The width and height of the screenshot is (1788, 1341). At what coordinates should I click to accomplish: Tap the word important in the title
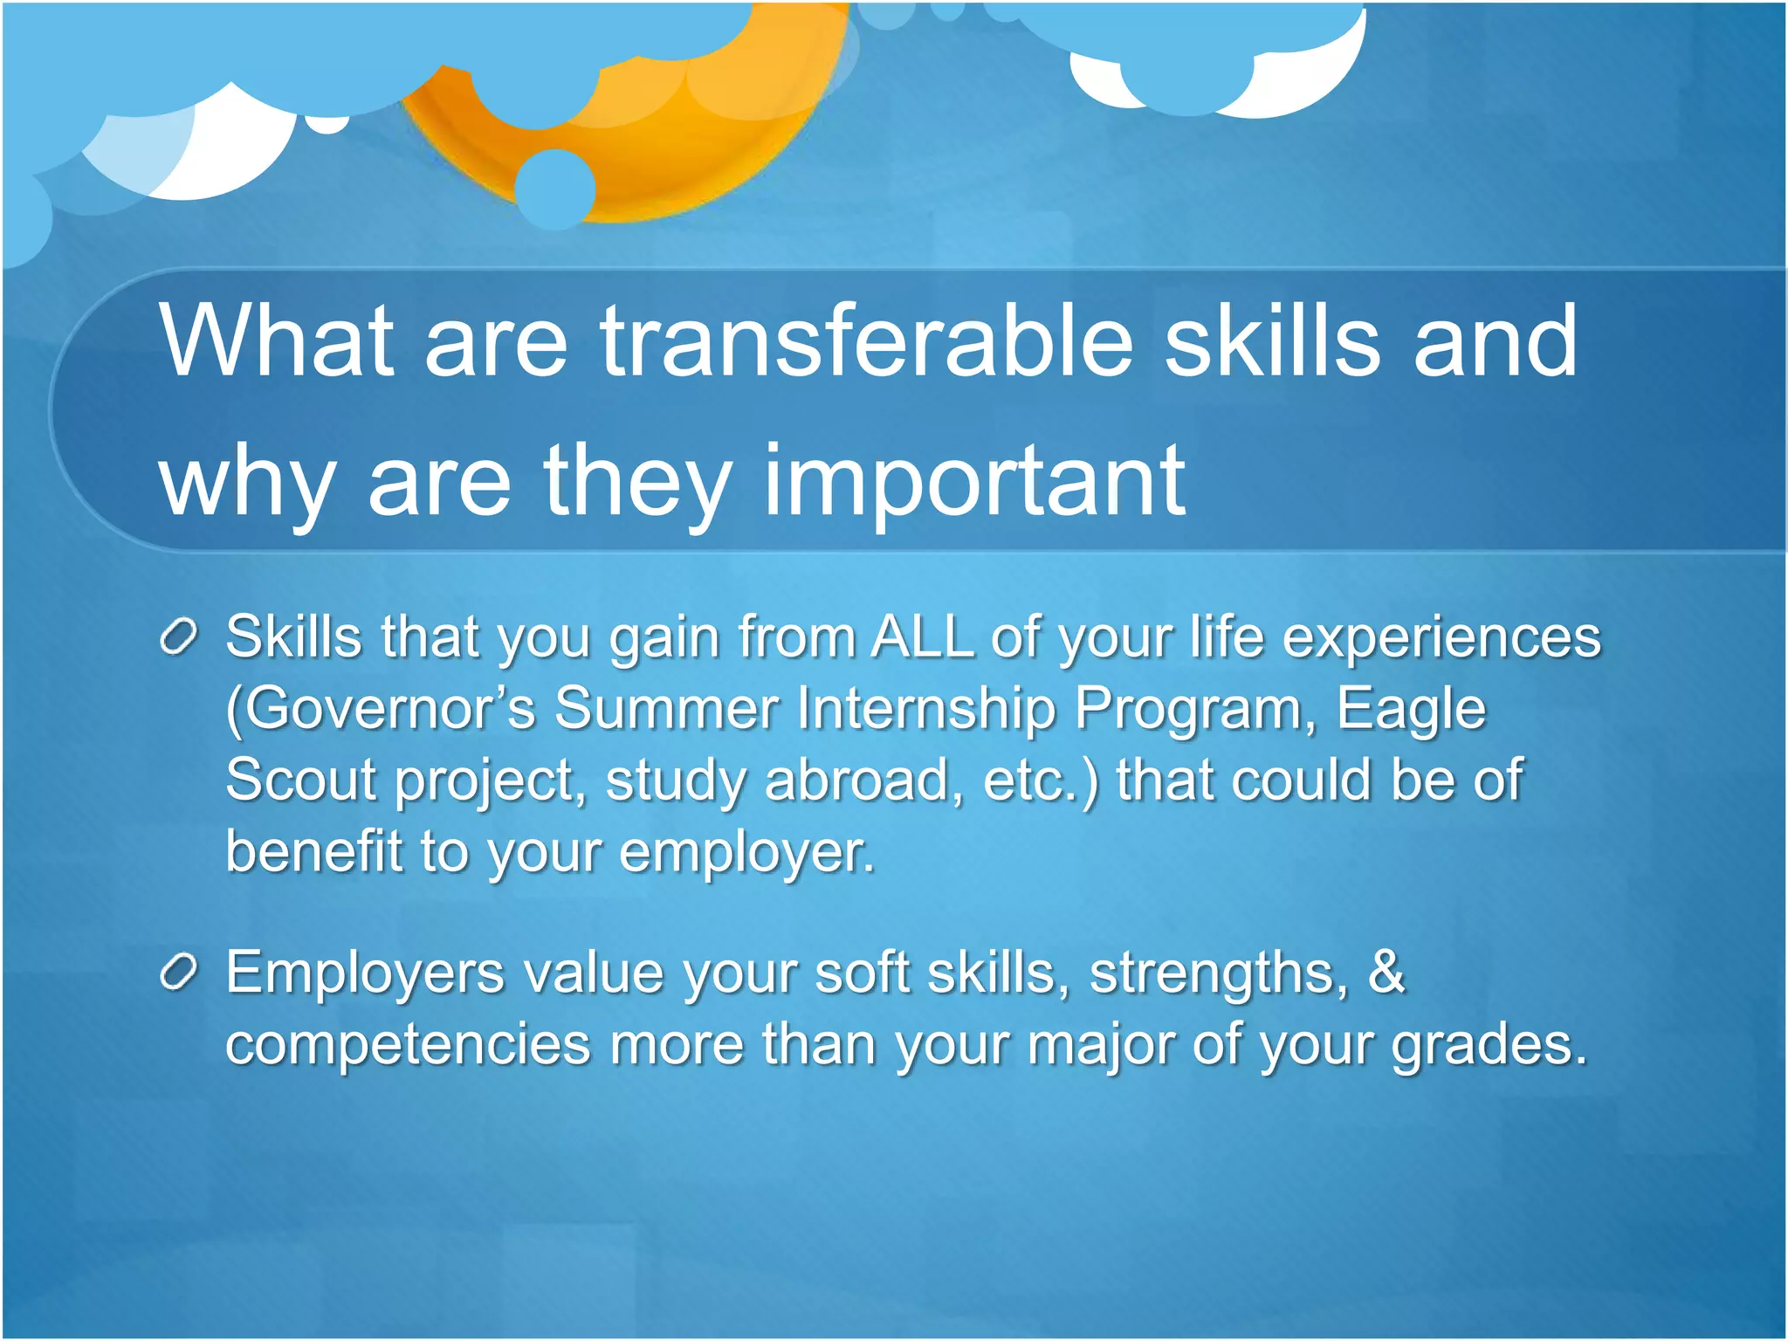[973, 482]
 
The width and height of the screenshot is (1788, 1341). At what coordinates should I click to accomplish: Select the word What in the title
[277, 342]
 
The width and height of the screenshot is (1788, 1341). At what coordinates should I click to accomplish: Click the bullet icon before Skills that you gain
[179, 638]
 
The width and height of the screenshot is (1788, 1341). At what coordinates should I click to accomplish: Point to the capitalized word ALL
[922, 636]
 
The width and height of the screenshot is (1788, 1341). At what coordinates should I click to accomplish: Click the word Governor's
[381, 708]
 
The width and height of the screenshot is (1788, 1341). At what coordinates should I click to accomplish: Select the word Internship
[926, 708]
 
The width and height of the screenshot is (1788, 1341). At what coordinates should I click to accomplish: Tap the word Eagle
[1411, 708]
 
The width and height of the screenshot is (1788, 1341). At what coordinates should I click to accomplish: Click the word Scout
[300, 780]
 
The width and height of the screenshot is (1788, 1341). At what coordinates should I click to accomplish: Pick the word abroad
[856, 780]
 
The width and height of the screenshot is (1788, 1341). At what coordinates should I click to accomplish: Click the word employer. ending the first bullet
[746, 851]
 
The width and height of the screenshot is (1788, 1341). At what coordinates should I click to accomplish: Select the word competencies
[409, 1044]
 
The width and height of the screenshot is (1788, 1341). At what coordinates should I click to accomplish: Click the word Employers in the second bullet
[365, 973]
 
